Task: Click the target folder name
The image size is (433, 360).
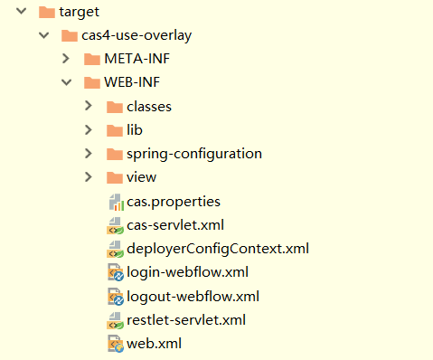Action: pyautogui.click(x=79, y=13)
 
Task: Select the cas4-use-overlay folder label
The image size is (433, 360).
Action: pyautogui.click(x=136, y=36)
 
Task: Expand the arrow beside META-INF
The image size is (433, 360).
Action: pyautogui.click(x=66, y=60)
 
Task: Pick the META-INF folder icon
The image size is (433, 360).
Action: pyautogui.click(x=91, y=60)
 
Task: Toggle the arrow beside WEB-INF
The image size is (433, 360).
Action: pyautogui.click(x=66, y=83)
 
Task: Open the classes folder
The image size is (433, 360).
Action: pyautogui.click(x=148, y=107)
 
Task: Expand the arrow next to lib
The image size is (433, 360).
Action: pyautogui.click(x=89, y=130)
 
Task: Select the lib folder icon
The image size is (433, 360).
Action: pyautogui.click(x=114, y=130)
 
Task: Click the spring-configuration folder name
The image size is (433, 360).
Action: pyautogui.click(x=194, y=154)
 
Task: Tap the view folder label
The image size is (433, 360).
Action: pyautogui.click(x=142, y=177)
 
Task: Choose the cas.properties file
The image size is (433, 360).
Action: pyautogui.click(x=174, y=201)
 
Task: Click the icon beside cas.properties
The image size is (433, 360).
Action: pyautogui.click(x=115, y=202)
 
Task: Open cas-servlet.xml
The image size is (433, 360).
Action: pyautogui.click(x=175, y=225)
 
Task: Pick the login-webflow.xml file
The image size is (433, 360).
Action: pyautogui.click(x=187, y=272)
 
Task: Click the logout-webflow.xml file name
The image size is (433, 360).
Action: pyautogui.click(x=193, y=296)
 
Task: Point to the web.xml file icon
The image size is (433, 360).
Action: pyautogui.click(x=115, y=344)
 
